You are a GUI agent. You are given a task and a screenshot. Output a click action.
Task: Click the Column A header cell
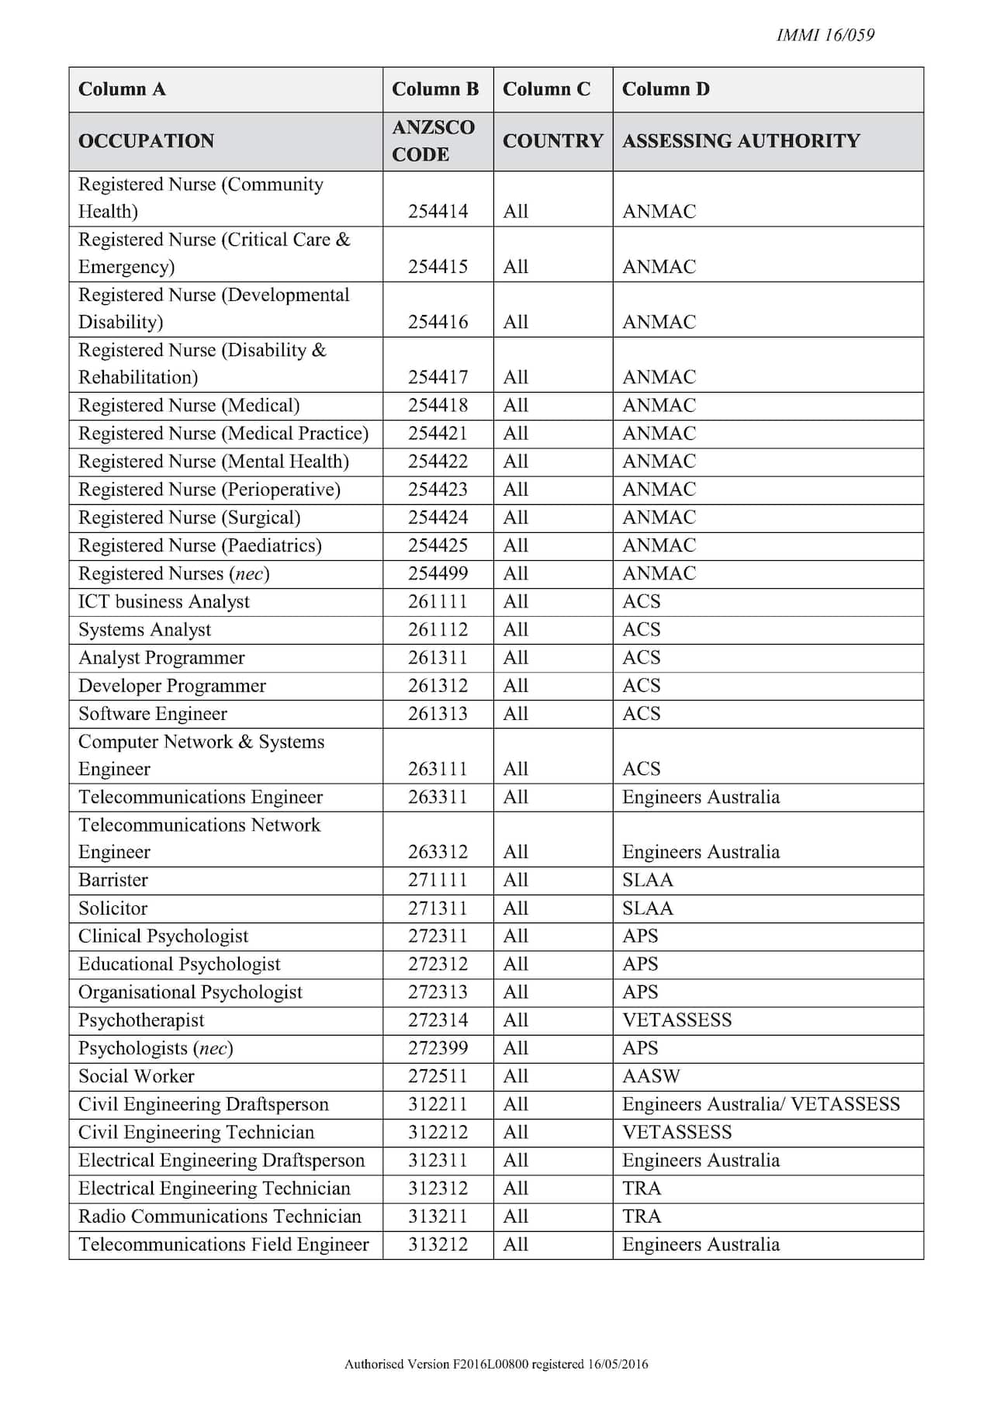click(122, 89)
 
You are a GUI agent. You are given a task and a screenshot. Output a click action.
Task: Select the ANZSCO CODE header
click(433, 140)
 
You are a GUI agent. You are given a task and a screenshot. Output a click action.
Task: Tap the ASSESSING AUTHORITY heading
click(741, 140)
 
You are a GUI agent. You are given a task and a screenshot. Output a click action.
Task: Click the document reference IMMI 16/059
click(825, 35)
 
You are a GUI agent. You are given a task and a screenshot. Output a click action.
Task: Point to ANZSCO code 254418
click(438, 406)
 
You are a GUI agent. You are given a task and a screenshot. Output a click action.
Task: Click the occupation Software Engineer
click(153, 714)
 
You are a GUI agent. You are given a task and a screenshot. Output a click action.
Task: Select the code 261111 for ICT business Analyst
click(438, 602)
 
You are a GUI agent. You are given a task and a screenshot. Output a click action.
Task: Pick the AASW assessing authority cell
click(651, 1076)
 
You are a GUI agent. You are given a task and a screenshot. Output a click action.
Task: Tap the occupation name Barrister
click(113, 880)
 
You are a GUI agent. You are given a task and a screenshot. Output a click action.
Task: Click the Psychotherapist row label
click(141, 1020)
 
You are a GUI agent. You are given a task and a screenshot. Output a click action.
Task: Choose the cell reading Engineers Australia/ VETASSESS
click(761, 1104)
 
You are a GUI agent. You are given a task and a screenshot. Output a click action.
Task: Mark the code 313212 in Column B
click(438, 1244)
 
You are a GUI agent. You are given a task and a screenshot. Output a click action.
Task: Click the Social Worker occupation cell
click(137, 1076)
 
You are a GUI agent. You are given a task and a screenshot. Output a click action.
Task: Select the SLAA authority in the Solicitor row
click(648, 908)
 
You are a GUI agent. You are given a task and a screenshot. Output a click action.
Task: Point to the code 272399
click(438, 1048)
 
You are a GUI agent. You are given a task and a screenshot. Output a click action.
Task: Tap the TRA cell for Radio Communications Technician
click(642, 1216)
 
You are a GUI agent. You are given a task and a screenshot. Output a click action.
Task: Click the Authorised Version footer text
click(496, 1365)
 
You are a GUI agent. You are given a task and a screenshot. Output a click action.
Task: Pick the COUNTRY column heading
click(552, 140)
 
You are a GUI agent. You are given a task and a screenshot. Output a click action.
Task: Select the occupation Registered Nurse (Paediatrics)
click(200, 545)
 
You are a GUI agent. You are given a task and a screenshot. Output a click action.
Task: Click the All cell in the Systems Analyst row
click(516, 630)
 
